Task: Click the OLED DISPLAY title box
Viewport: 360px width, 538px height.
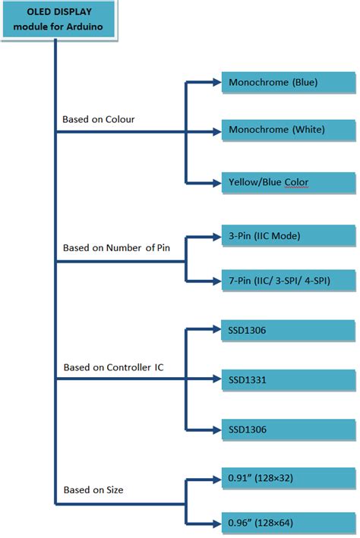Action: pyautogui.click(x=58, y=20)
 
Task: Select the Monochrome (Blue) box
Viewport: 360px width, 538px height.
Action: pyautogui.click(x=288, y=82)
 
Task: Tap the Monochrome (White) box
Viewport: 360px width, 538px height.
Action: pyautogui.click(x=288, y=130)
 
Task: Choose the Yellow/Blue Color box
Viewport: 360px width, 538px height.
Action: pyautogui.click(x=288, y=182)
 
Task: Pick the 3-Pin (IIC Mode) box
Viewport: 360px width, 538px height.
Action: pyautogui.click(x=288, y=236)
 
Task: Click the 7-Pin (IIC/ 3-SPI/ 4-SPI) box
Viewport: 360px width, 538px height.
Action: pyautogui.click(x=288, y=282)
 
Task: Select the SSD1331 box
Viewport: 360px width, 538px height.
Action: pyautogui.click(x=288, y=379)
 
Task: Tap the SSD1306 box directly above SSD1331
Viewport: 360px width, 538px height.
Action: pyautogui.click(x=288, y=330)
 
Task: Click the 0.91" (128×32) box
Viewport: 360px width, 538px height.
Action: pyautogui.click(x=288, y=479)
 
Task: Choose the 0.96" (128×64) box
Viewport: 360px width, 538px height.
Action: pyautogui.click(x=288, y=523)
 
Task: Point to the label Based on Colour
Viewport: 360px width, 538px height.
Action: pyautogui.click(x=99, y=119)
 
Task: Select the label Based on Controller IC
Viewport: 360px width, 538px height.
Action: pyautogui.click(x=113, y=367)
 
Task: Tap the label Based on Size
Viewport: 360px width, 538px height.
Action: pyautogui.click(x=93, y=489)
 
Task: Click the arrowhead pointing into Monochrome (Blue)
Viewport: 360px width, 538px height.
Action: pyautogui.click(x=214, y=82)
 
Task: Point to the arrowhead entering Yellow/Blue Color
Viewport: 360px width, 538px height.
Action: pyautogui.click(x=214, y=182)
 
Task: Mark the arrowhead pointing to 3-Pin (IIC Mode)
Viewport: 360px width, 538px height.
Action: pyautogui.click(x=214, y=236)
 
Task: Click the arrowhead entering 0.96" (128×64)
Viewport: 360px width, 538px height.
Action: pyautogui.click(x=214, y=523)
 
